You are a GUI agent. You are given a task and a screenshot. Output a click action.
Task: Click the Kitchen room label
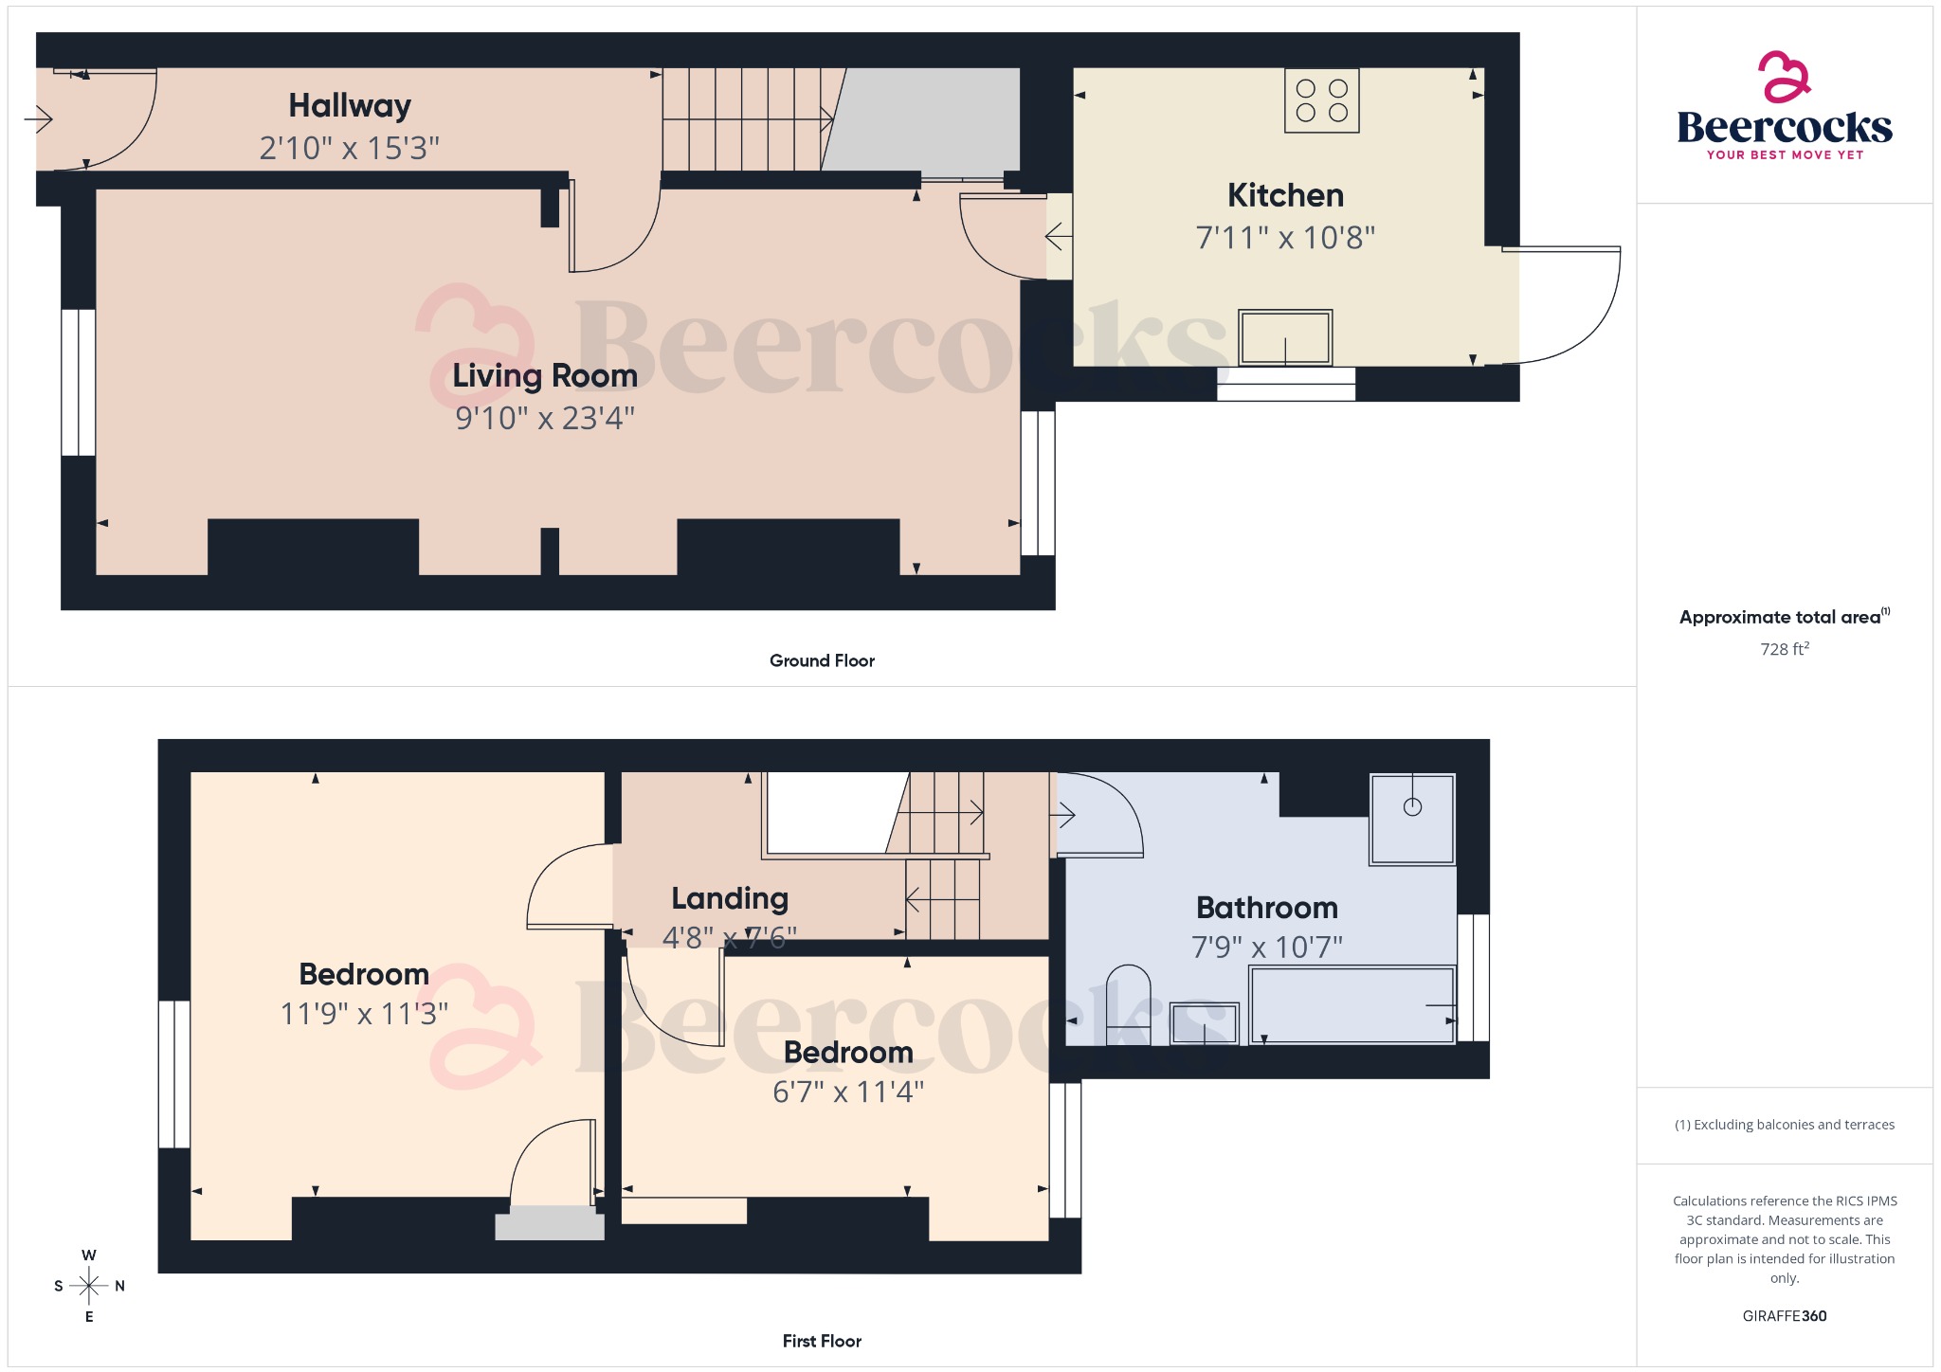(1285, 195)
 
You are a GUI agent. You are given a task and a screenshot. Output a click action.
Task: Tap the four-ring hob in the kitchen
(1321, 100)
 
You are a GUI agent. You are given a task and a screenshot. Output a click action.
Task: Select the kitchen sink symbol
(1285, 337)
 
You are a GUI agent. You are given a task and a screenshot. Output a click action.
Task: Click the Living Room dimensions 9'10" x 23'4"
(545, 418)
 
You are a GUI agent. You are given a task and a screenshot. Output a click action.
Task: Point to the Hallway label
(350, 105)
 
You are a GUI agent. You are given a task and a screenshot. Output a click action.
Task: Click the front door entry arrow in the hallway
(38, 119)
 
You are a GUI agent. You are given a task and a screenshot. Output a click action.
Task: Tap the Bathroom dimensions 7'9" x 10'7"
(1266, 947)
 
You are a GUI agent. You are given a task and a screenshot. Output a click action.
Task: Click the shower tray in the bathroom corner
(1411, 819)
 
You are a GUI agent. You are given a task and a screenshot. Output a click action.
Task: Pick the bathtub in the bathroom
(1351, 1004)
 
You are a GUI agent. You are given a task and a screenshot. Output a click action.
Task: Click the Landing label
(730, 898)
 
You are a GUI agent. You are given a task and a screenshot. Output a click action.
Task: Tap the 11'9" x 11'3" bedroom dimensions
(364, 1014)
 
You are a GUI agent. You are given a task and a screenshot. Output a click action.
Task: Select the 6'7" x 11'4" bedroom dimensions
(848, 1092)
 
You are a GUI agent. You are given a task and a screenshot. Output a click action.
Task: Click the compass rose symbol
(89, 1286)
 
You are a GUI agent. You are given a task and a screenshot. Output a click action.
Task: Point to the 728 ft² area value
(1784, 649)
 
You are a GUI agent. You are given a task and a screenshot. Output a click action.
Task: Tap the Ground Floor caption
(822, 660)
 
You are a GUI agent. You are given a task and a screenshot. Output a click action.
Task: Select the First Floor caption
(822, 1341)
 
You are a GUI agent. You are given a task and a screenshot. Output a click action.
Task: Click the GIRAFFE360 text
(1784, 1315)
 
